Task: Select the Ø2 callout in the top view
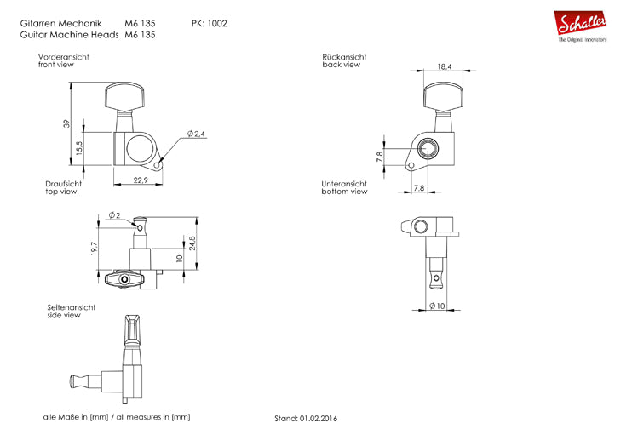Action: coord(114,214)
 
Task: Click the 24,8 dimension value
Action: coord(193,242)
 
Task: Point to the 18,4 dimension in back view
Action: coord(445,65)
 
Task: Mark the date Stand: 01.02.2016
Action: coord(305,419)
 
